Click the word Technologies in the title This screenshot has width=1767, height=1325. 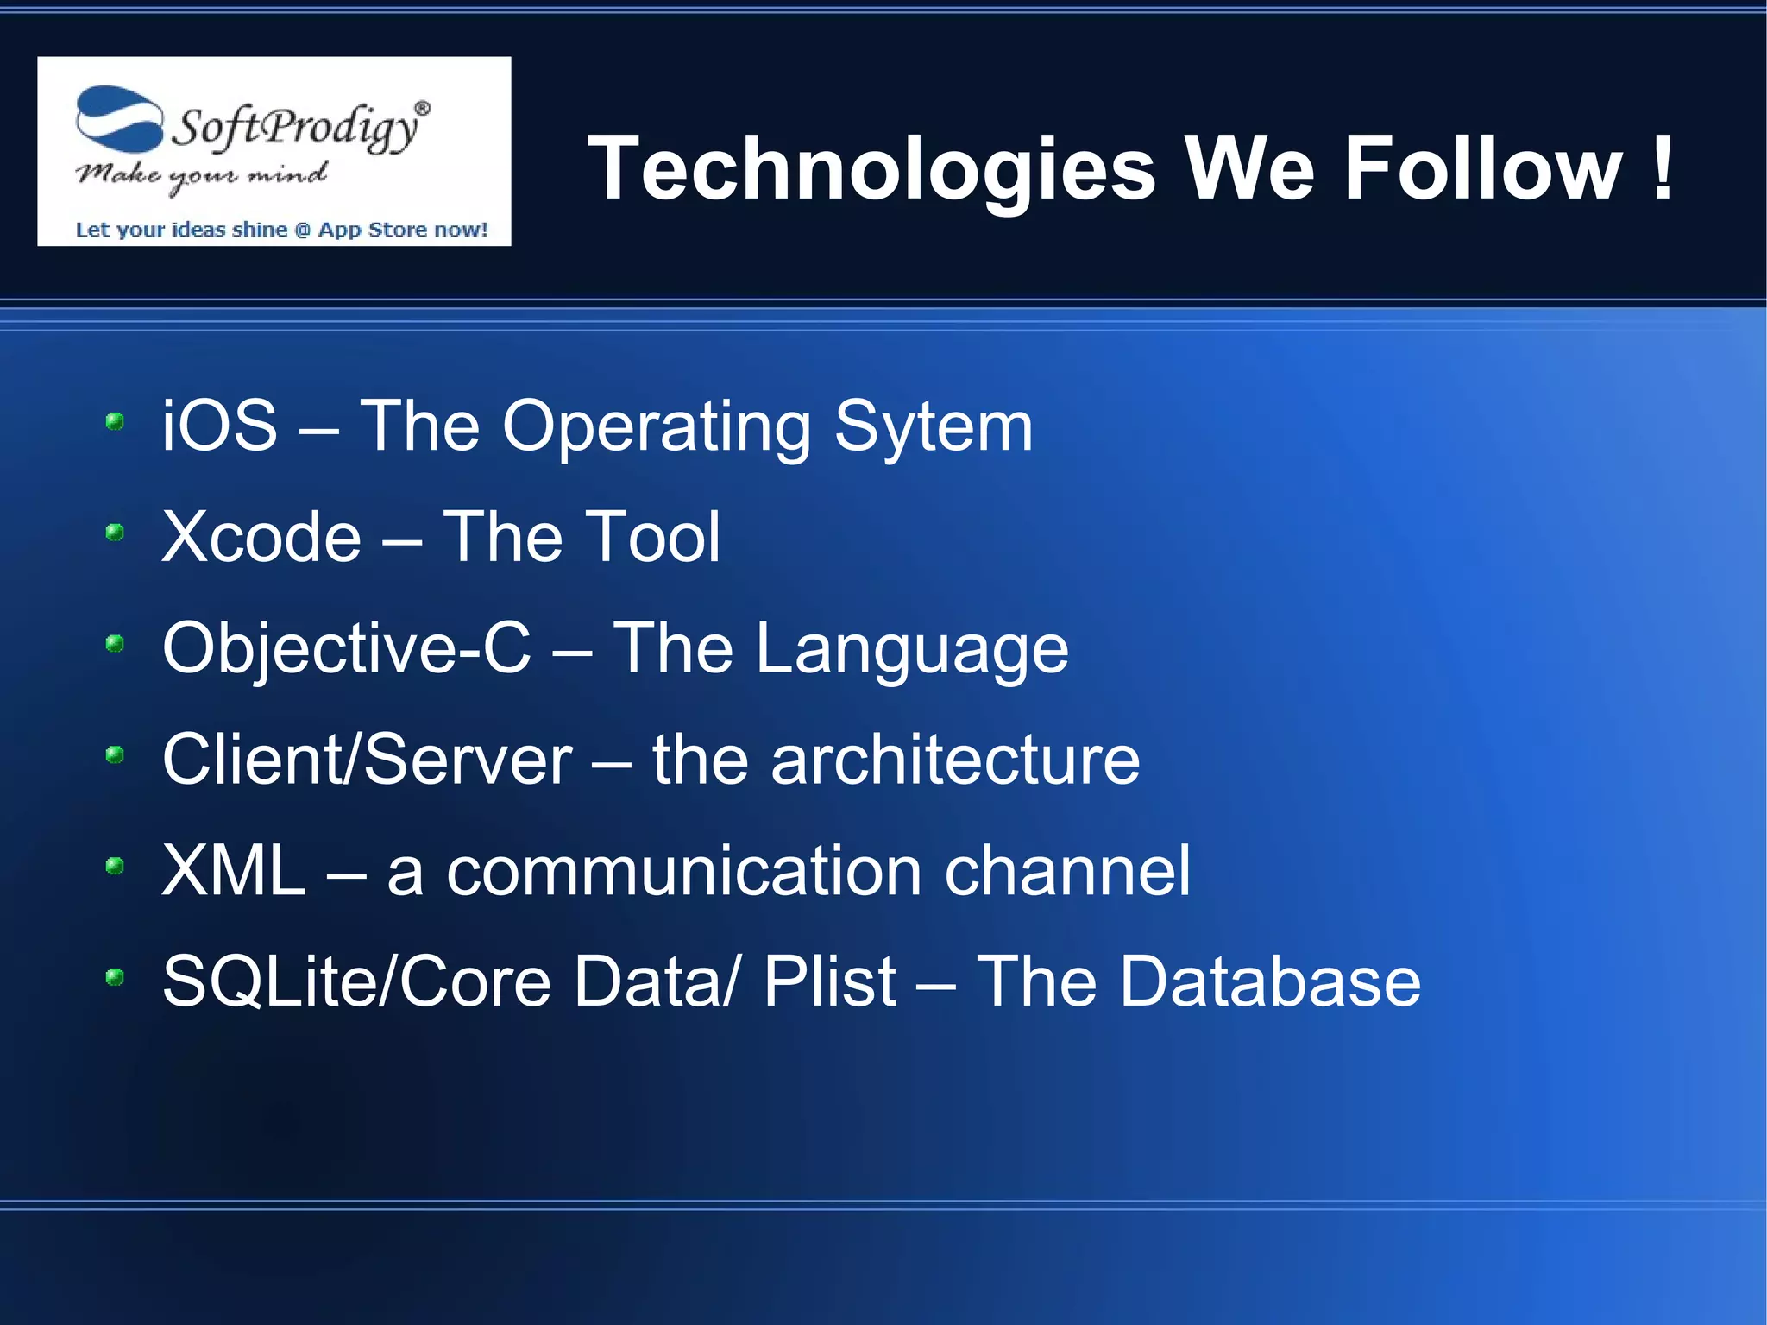(x=871, y=169)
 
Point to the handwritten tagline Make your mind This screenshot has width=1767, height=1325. (x=200, y=175)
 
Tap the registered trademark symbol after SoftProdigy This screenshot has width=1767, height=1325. (x=422, y=109)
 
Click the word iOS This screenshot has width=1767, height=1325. (x=220, y=426)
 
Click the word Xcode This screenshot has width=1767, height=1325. (x=261, y=537)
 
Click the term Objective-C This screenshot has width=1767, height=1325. (x=347, y=648)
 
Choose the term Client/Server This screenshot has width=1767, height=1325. (x=367, y=760)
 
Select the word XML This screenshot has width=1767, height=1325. (x=234, y=871)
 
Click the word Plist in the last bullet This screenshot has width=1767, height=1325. (x=830, y=982)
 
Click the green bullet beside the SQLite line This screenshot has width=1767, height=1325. (x=115, y=977)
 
